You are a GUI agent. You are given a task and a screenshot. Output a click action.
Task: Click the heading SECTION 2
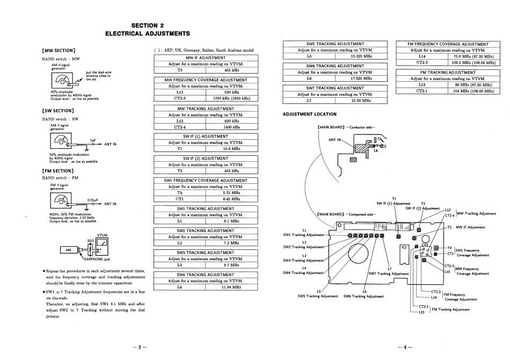[x=147, y=25]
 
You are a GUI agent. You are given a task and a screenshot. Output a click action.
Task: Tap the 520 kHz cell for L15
[x=231, y=92]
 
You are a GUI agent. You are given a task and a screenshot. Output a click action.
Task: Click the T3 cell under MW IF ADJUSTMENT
[x=179, y=70]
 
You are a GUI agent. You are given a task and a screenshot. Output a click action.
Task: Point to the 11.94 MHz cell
[x=231, y=287]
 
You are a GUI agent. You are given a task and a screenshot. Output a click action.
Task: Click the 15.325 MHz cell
[x=360, y=55]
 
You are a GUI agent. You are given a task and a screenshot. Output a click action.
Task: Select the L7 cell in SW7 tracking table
[x=308, y=100]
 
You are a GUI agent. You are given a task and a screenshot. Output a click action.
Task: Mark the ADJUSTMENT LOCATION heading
[x=309, y=114]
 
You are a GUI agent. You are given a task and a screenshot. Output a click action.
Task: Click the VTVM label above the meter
[x=103, y=235]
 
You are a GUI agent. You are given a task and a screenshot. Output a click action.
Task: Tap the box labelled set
[x=69, y=250]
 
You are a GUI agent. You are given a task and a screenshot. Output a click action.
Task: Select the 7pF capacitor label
[x=92, y=139]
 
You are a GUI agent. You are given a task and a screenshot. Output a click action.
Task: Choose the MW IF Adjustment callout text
[x=470, y=227]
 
